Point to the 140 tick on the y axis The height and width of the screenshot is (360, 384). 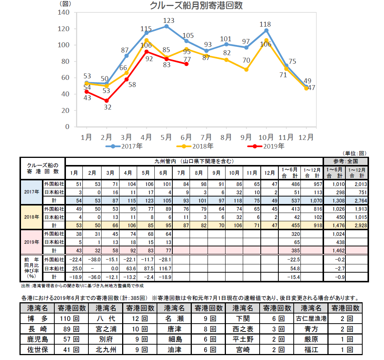pos(64,12)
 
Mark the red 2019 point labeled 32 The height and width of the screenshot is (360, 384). pos(107,100)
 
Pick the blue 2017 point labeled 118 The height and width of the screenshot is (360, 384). pos(266,30)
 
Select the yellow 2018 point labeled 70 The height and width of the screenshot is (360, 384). pos(246,69)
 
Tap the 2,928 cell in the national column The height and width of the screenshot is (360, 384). pos(357,225)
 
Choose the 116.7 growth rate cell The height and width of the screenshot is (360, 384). pos(164,268)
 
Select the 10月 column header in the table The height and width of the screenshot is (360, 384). pos(235,173)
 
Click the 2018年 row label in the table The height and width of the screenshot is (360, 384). pos(31,217)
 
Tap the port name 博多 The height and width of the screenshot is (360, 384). pos(37,319)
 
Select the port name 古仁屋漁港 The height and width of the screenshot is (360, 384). pos(311,319)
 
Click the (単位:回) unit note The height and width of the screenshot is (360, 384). pos(354,153)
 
